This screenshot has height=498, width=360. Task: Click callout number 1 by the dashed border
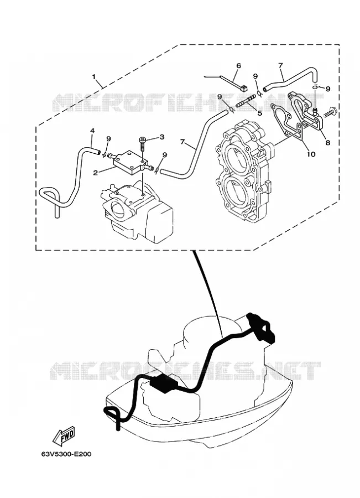(93, 76)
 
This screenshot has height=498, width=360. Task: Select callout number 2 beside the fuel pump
(95, 173)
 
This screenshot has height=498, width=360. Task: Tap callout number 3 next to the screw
(162, 137)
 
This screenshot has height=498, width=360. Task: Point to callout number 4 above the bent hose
(92, 131)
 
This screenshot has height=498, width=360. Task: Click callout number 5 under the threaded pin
(260, 113)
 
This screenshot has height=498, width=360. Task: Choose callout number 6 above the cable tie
(239, 66)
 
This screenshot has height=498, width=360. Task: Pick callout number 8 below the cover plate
(327, 143)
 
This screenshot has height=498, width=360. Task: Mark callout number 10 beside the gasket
(311, 154)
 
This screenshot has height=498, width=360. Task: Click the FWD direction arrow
(64, 435)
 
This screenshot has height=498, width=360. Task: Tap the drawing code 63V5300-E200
(66, 454)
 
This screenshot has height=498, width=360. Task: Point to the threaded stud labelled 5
(246, 102)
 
